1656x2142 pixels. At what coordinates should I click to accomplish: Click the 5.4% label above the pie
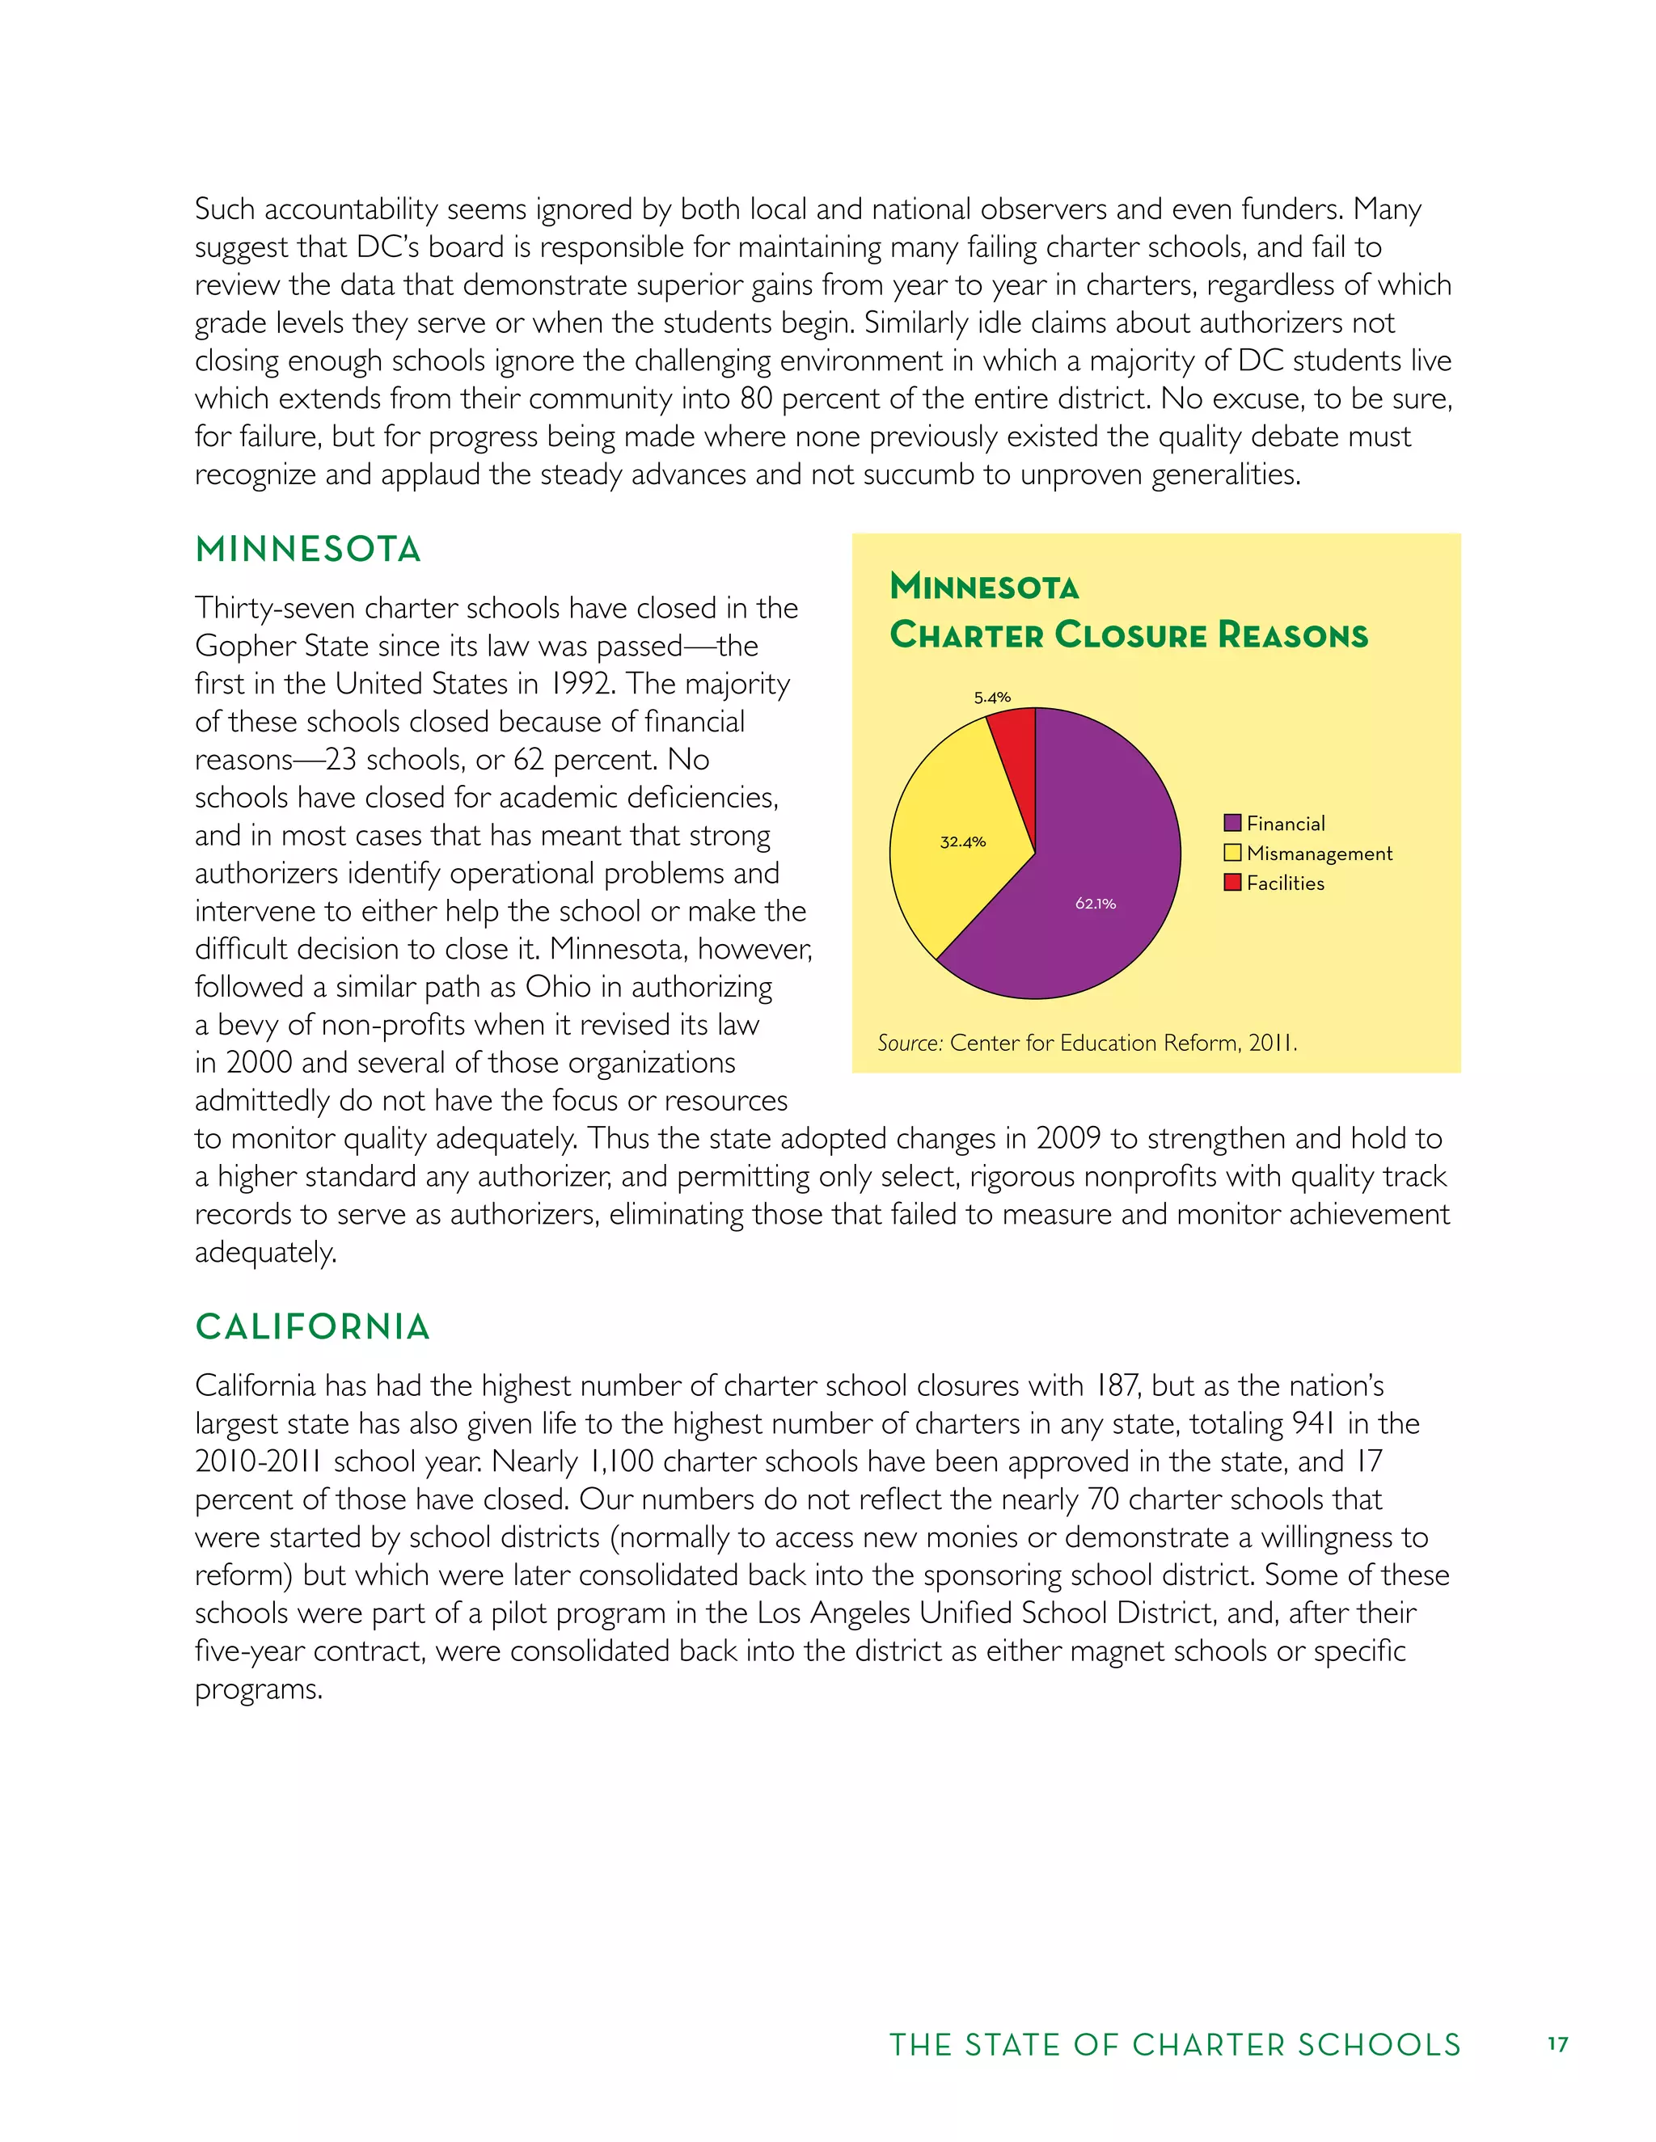click(x=992, y=698)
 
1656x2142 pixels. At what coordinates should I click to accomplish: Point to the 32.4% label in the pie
click(x=962, y=841)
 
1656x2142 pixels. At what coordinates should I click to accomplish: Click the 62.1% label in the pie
click(x=1095, y=904)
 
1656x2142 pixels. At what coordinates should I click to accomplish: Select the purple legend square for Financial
click(x=1232, y=823)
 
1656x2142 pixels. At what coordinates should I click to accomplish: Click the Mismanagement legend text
click(x=1319, y=854)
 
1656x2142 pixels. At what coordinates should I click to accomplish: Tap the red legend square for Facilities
click(x=1232, y=883)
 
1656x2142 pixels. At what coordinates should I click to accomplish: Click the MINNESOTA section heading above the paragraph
click(x=308, y=549)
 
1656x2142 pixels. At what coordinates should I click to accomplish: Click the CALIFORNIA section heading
click(x=313, y=1327)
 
